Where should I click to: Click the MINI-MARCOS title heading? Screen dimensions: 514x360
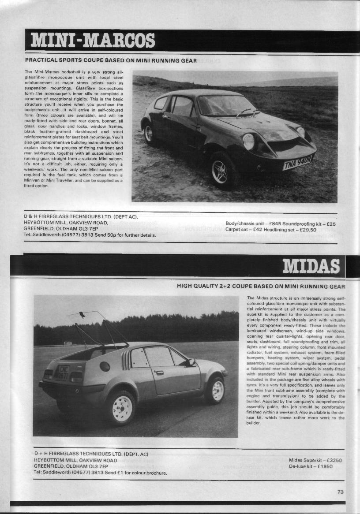[x=93, y=41]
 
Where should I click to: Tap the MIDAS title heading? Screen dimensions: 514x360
[x=311, y=266]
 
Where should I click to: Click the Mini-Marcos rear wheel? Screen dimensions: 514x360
[x=149, y=133]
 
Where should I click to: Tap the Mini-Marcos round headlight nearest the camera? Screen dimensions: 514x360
[x=248, y=142]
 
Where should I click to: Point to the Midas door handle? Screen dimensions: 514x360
[x=159, y=373]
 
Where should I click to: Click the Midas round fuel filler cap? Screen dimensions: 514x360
[x=105, y=366]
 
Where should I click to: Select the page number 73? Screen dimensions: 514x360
[x=340, y=492]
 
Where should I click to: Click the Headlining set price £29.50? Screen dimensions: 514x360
[x=307, y=230]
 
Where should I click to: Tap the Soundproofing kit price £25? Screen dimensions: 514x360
[x=331, y=223]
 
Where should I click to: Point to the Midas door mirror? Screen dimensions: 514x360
[x=191, y=362]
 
